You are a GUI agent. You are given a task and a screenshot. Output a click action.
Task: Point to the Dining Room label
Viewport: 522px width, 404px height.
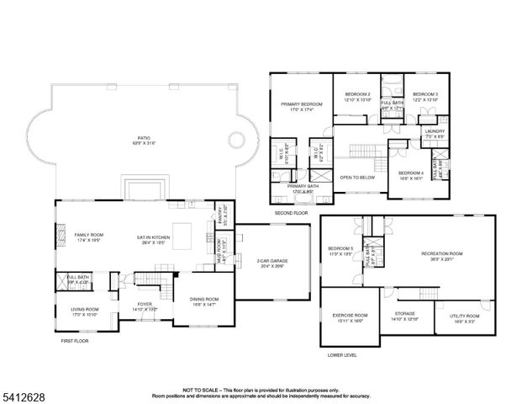(204, 299)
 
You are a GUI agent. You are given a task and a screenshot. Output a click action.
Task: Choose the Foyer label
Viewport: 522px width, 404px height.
(145, 305)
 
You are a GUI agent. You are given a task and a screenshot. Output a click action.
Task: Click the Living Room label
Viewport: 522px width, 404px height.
(84, 309)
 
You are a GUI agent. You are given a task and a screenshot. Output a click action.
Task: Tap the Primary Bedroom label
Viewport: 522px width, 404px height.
(302, 104)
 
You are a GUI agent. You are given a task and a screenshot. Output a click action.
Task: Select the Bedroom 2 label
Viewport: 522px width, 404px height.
(358, 94)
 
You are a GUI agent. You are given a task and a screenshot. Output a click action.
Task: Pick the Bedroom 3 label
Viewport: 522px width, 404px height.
(424, 94)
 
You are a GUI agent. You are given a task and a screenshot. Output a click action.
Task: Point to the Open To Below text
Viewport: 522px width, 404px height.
(356, 178)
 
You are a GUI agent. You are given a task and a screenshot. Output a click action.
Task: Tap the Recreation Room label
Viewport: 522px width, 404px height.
(442, 253)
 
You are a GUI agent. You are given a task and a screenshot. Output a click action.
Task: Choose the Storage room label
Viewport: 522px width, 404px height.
(404, 315)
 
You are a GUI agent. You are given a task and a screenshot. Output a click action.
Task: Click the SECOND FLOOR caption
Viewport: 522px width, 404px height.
(290, 214)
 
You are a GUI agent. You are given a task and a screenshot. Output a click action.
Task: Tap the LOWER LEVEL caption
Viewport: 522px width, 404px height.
(342, 354)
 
